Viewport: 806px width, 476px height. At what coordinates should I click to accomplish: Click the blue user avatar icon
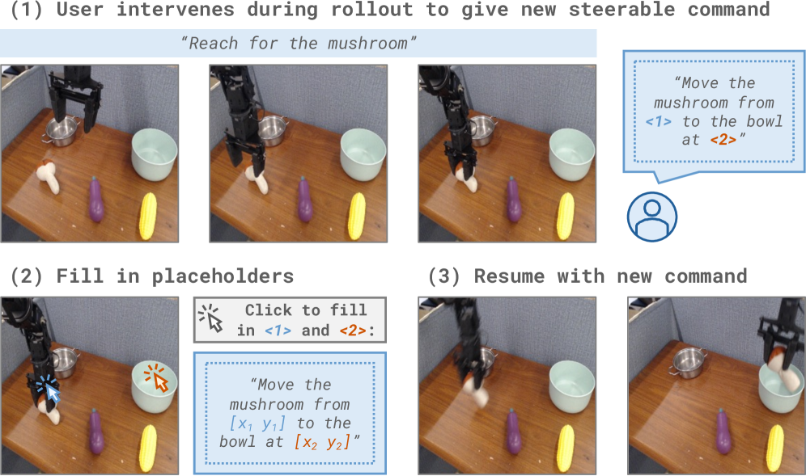(x=651, y=217)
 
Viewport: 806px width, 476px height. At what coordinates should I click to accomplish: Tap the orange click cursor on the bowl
(x=157, y=378)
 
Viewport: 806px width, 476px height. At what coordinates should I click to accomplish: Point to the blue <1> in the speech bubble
(x=659, y=122)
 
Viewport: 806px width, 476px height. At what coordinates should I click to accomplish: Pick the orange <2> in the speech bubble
(x=723, y=140)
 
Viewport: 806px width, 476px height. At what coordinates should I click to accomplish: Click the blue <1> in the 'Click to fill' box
(x=278, y=331)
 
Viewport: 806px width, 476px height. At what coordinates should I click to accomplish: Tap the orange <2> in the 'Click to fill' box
(x=353, y=331)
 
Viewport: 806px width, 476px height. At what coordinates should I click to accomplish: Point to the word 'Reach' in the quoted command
(x=213, y=44)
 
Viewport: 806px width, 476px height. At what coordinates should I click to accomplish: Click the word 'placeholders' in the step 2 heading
(x=223, y=276)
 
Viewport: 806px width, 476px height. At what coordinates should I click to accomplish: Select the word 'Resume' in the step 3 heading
(x=509, y=276)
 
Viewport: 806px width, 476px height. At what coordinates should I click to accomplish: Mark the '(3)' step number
(x=444, y=276)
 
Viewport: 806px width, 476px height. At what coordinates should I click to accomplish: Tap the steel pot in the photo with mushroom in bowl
(x=686, y=361)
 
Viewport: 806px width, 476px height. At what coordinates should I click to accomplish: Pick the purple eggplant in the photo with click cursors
(x=95, y=432)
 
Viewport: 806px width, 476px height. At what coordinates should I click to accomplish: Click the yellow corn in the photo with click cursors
(x=147, y=448)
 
